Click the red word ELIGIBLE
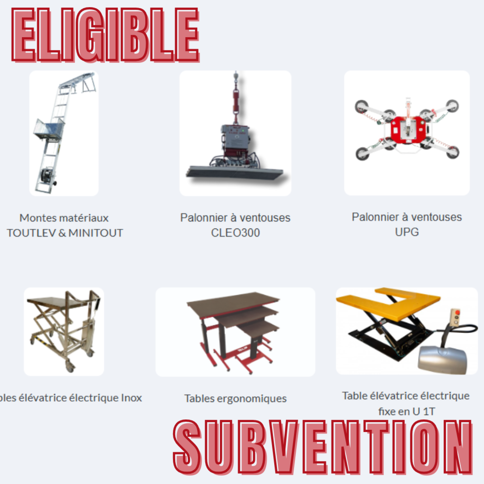106,35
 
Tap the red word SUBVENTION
323,447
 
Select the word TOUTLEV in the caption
31,233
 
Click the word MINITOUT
96,233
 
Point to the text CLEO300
236,233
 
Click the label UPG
407,232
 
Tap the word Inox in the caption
131,398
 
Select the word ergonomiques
252,399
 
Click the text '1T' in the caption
429,411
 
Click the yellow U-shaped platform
389,303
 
